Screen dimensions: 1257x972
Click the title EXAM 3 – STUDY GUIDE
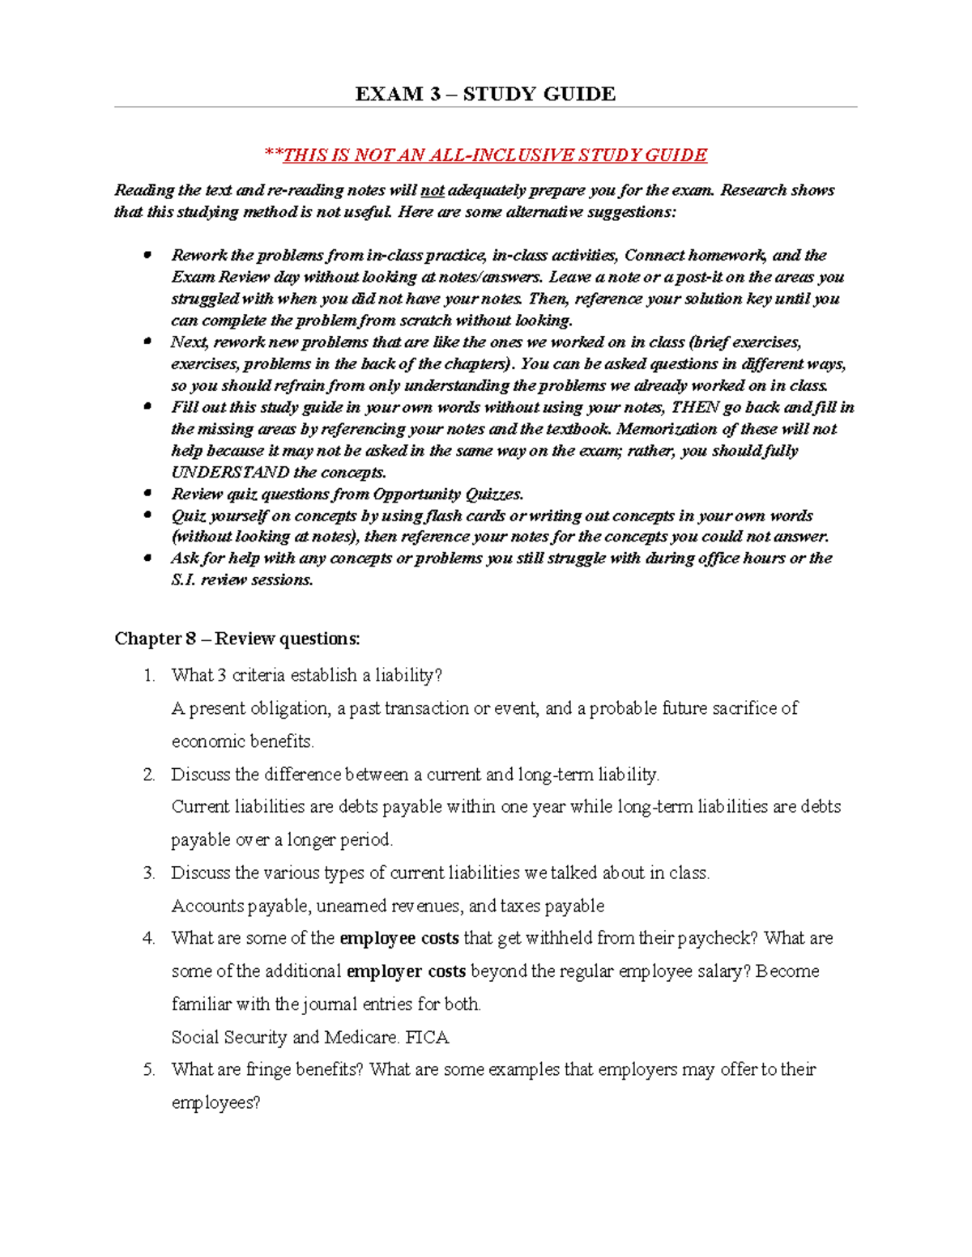point(485,94)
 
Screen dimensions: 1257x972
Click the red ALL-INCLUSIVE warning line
point(485,155)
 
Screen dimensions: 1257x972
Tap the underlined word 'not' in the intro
point(432,191)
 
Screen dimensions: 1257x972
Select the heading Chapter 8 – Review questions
point(237,639)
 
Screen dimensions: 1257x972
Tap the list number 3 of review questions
point(148,873)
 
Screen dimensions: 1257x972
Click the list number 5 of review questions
point(148,1070)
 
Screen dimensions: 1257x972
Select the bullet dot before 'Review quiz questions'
point(147,493)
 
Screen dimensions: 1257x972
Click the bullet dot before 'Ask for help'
point(147,558)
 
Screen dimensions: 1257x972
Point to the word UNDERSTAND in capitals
point(230,472)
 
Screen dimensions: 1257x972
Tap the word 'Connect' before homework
point(654,256)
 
